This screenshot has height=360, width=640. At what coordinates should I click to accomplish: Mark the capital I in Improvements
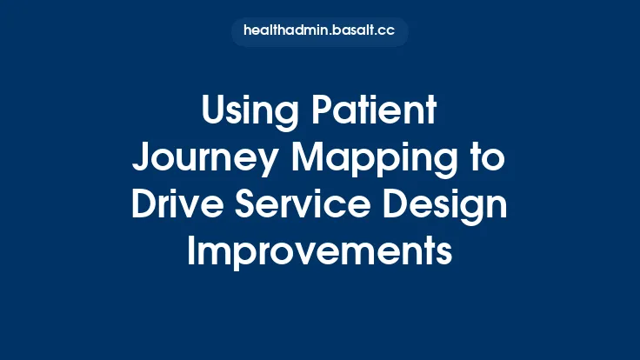point(193,250)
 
